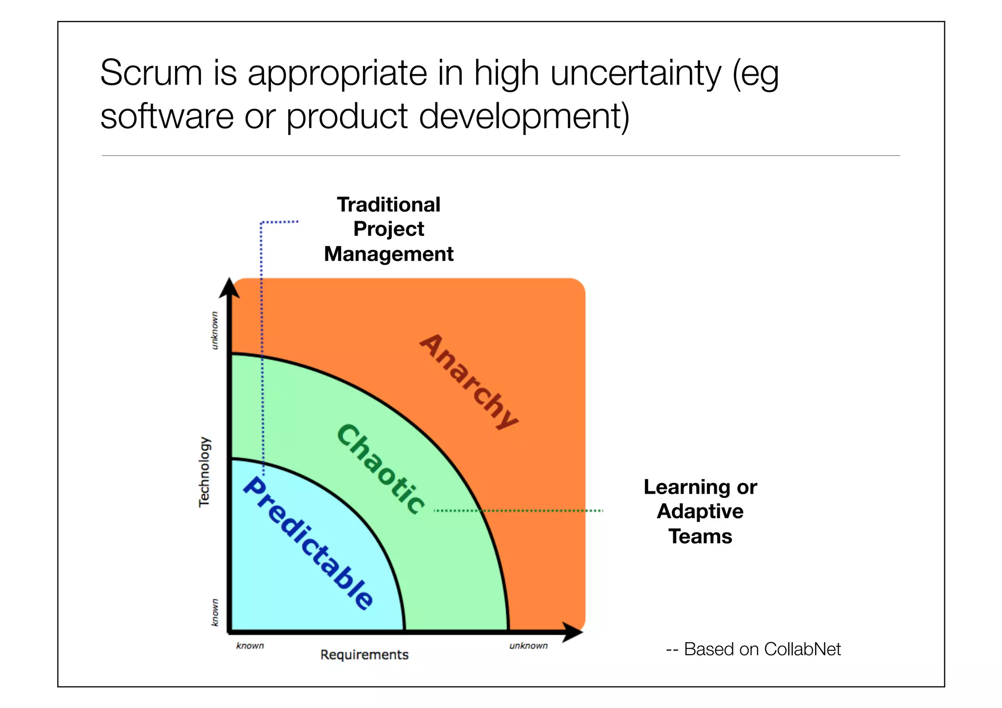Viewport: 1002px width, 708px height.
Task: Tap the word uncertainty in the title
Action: tap(636, 73)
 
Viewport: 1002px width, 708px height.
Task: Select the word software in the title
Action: tap(167, 116)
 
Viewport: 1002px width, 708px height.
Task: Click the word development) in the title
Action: tap(524, 116)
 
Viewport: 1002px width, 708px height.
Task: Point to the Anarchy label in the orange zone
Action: tap(469, 381)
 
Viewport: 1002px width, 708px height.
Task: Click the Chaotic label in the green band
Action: tap(381, 469)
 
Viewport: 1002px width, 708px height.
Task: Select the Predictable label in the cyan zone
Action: tap(308, 543)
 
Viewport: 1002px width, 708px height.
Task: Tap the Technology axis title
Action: tap(204, 472)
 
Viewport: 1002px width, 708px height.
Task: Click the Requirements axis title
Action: tap(364, 655)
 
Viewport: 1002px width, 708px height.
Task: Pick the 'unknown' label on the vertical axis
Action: tap(214, 330)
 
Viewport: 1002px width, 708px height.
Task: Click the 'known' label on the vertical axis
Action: tap(214, 612)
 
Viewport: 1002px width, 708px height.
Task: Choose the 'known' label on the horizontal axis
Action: tap(250, 646)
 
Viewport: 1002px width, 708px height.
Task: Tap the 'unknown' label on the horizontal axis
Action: tap(528, 646)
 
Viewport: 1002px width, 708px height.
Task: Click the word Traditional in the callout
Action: tap(388, 205)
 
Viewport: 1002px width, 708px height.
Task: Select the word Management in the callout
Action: tap(388, 254)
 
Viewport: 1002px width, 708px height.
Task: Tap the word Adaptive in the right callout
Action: tap(700, 511)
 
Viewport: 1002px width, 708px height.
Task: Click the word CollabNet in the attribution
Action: tap(802, 649)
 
